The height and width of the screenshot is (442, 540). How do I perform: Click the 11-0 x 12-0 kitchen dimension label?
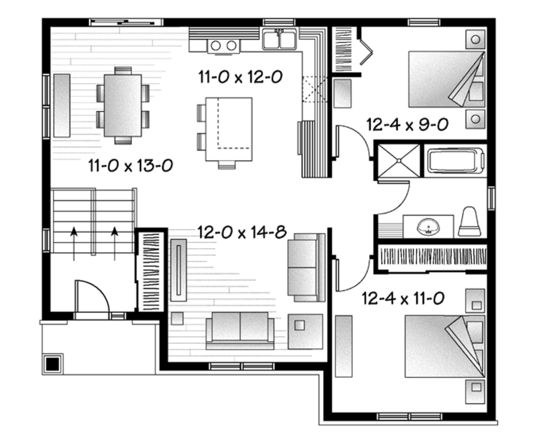[240, 77]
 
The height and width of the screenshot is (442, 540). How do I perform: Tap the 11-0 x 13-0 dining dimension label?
[131, 166]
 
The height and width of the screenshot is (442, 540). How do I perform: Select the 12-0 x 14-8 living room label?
[242, 232]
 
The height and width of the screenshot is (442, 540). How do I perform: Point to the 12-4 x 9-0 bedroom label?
[407, 124]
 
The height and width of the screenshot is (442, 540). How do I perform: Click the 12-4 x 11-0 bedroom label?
[403, 299]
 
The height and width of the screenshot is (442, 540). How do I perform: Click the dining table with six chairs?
[122, 105]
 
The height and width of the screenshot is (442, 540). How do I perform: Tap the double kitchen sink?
[279, 40]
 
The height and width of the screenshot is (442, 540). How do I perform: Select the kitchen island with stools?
[228, 129]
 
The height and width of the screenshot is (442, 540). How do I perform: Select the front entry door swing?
[92, 298]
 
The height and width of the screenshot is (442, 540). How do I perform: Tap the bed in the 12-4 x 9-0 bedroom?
[446, 79]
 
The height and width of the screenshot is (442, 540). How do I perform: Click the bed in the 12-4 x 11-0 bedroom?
[443, 346]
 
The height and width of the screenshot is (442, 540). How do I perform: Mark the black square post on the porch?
[52, 363]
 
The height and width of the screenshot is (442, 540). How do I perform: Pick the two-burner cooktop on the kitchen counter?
[224, 46]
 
